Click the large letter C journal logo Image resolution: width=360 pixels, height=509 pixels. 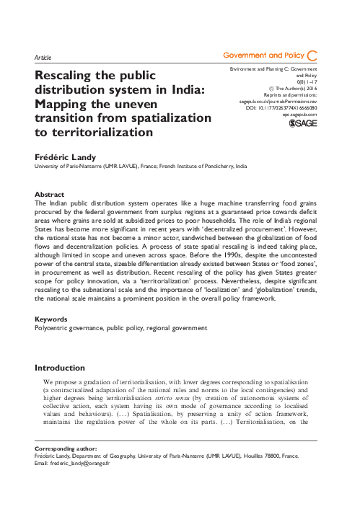point(312,56)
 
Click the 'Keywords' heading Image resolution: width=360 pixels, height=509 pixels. point(52,318)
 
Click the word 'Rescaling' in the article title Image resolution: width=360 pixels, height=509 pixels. point(70,75)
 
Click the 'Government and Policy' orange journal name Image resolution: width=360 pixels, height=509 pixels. point(263,56)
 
